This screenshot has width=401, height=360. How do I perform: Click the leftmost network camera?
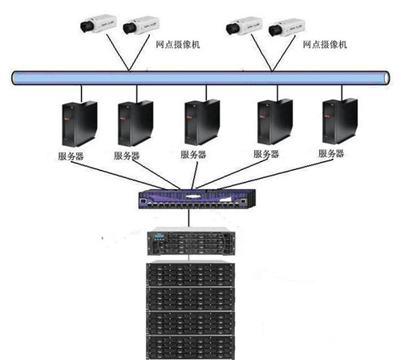point(99,24)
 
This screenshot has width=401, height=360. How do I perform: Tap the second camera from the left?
point(141,26)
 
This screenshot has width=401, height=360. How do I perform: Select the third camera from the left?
point(244,26)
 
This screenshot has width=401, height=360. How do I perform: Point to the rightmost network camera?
point(286,27)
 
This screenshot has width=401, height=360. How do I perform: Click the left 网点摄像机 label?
point(178,44)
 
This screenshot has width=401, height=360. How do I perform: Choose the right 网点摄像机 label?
point(325,44)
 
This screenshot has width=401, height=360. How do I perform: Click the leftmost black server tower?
point(79,123)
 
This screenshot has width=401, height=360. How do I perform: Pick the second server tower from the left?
point(136,123)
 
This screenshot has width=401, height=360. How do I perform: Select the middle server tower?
point(202,122)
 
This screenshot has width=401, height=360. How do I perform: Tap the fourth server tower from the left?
point(275,122)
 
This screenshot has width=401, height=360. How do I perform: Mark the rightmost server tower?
point(340,121)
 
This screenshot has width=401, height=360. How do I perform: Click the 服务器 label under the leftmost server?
point(71,156)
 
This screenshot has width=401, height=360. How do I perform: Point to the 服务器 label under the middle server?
point(193,155)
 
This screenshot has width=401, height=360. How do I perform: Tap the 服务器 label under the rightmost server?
point(331,153)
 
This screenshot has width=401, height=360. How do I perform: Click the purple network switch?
point(197,199)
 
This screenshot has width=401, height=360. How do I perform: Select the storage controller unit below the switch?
point(191,241)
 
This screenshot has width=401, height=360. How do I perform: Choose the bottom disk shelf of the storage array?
point(190,347)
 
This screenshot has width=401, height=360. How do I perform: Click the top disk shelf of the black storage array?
point(190,274)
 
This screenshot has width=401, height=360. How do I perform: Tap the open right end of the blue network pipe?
point(387,78)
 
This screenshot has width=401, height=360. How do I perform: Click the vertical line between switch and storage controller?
point(189,218)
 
